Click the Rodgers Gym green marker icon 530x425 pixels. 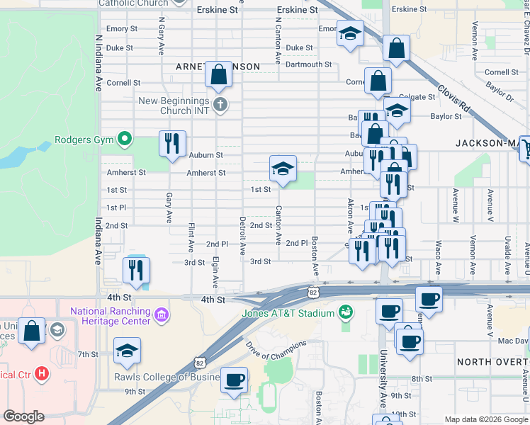point(125,139)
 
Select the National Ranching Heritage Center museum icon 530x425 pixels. point(162,314)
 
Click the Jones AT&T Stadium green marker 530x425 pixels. point(346,312)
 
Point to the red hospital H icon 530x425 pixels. point(42,373)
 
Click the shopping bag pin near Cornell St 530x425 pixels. point(218,74)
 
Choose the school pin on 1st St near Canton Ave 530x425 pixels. point(283,169)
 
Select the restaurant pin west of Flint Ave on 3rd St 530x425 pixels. point(135,270)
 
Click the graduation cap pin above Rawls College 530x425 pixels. point(127,351)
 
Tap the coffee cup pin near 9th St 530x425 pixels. point(234,380)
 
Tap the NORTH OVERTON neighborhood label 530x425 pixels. point(492,362)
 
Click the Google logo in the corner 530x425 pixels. point(23,416)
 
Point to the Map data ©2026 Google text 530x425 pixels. point(485,419)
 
